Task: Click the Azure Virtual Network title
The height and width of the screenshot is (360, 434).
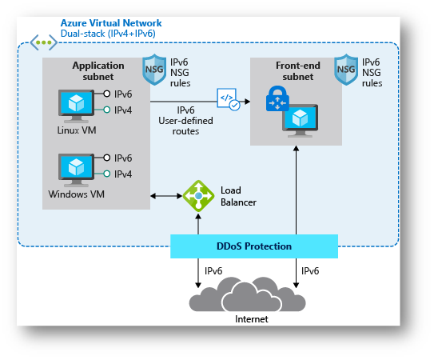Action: click(111, 22)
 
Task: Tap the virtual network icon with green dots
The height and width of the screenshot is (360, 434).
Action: click(43, 42)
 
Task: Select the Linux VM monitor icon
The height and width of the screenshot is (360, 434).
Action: click(76, 106)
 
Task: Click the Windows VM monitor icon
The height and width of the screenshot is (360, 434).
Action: click(76, 170)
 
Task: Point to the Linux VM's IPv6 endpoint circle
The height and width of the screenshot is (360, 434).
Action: click(107, 94)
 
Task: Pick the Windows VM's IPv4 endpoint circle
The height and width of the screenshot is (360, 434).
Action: click(107, 174)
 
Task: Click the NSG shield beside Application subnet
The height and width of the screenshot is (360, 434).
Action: click(154, 70)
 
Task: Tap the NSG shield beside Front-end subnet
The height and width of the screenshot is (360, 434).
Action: click(346, 70)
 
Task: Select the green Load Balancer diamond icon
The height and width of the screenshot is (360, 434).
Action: click(198, 196)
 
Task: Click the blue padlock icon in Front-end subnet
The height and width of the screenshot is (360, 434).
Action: click(277, 98)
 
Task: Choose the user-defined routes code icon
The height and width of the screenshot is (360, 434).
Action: click(228, 99)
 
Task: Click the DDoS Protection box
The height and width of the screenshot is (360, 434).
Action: click(254, 246)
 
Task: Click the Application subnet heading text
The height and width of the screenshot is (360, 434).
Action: click(98, 71)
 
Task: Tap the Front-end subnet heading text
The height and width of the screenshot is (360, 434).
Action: click(298, 71)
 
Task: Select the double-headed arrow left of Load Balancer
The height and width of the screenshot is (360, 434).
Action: click(166, 196)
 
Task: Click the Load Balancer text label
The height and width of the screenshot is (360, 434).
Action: click(238, 196)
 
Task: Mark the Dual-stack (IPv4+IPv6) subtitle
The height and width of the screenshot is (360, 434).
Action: click(108, 34)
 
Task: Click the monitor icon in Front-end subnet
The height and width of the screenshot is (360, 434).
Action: click(300, 121)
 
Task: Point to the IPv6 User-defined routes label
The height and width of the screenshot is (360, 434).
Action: click(185, 121)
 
